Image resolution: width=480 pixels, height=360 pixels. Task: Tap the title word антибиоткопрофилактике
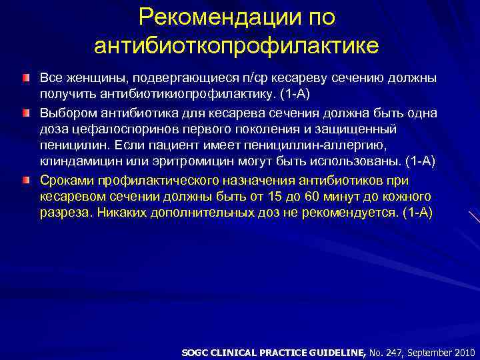click(x=237, y=45)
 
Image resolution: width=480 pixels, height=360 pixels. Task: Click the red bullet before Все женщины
click(x=25, y=79)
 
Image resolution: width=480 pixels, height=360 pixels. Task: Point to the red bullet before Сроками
click(x=25, y=181)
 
